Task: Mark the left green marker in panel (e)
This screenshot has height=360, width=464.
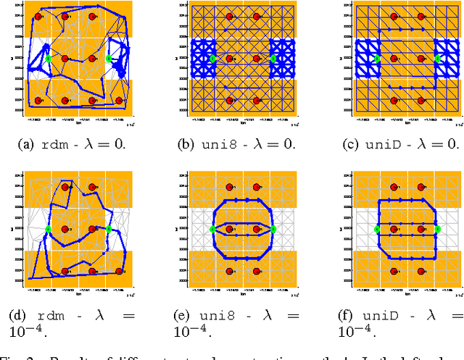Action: [x=212, y=229]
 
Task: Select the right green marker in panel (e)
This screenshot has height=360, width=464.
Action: [x=273, y=229]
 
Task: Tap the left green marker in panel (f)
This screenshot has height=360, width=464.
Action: [x=377, y=229]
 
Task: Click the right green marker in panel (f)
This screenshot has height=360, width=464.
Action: [x=438, y=229]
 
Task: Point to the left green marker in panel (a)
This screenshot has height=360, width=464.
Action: [x=48, y=59]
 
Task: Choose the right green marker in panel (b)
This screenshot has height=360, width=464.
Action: [x=273, y=59]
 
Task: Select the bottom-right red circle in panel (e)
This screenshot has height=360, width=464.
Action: [x=257, y=271]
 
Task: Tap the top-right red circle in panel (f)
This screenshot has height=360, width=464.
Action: [x=421, y=187]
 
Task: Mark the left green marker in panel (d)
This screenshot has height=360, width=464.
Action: [x=48, y=229]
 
